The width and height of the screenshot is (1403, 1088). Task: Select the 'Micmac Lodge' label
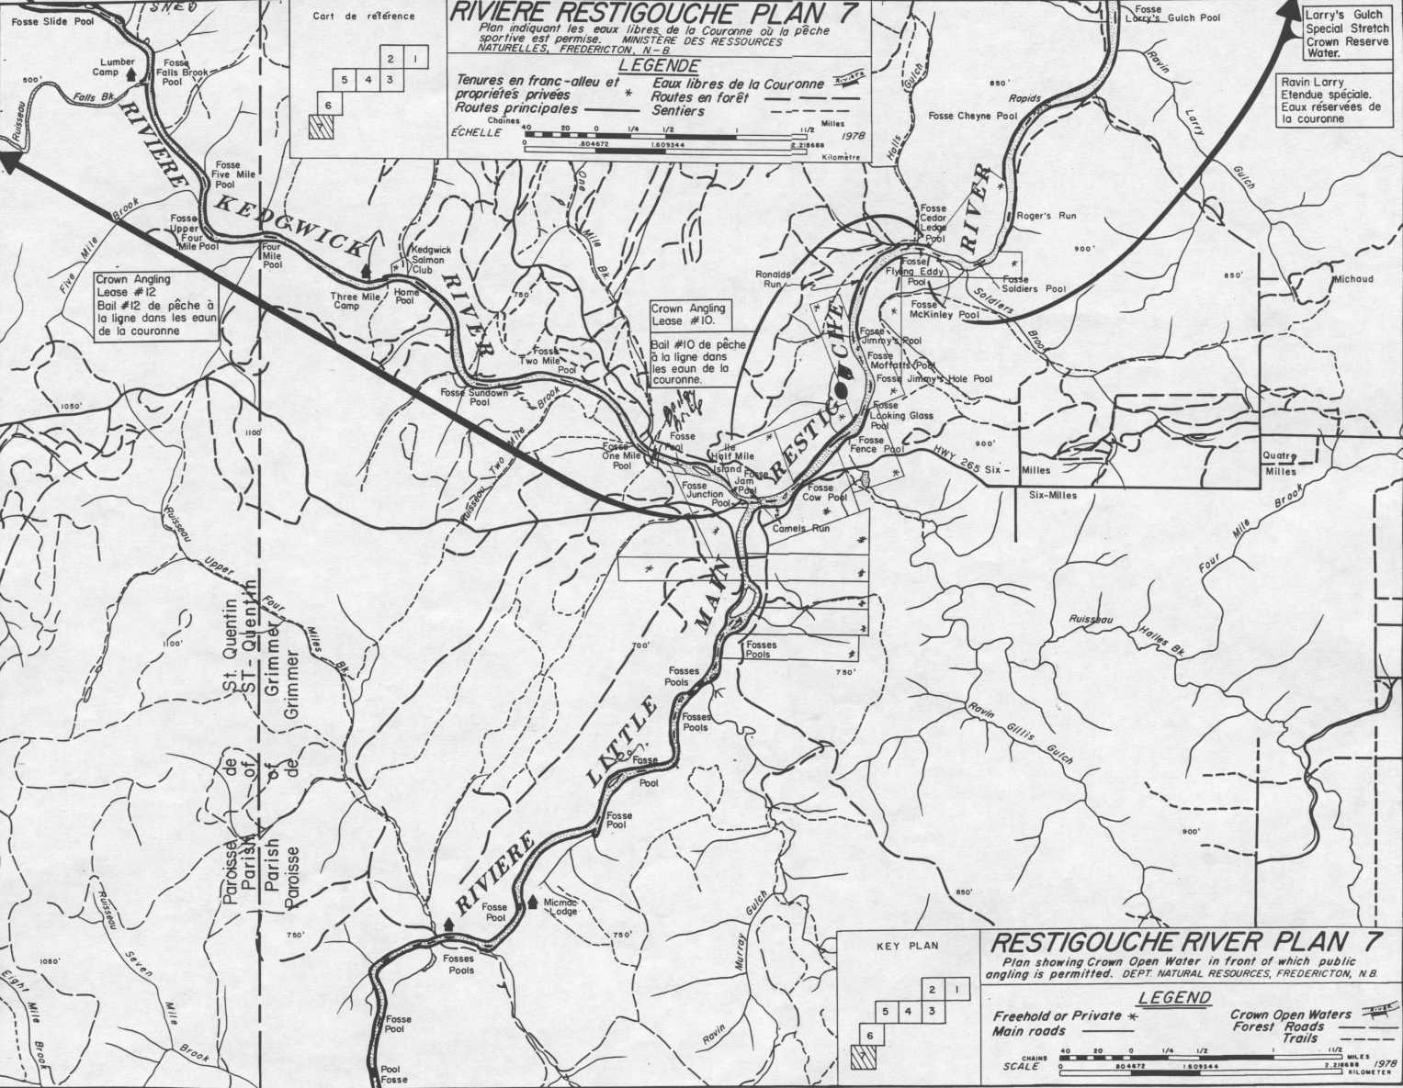click(561, 907)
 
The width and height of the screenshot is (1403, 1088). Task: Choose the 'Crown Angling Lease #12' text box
click(155, 305)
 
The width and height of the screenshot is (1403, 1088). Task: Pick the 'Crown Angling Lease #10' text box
click(691, 344)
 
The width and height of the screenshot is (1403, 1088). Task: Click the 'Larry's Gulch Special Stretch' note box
click(1346, 35)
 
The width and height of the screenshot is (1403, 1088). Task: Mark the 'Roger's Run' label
click(1046, 216)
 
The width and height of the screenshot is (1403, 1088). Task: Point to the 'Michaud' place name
click(1352, 278)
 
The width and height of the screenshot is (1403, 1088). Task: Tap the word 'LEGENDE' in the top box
click(658, 66)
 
